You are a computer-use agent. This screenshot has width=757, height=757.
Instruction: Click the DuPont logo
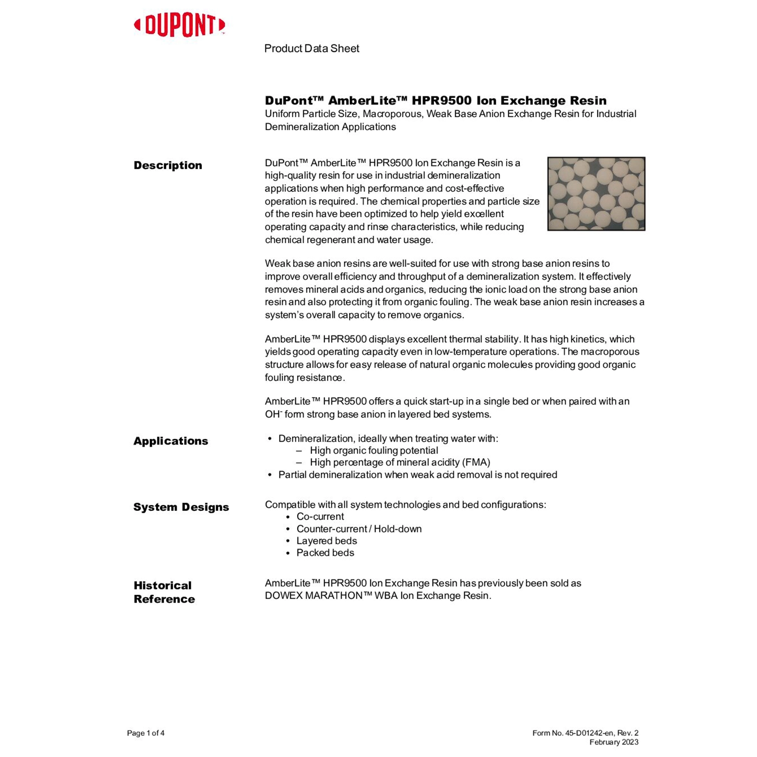179,25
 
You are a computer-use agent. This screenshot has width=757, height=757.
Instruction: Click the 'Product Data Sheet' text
311,48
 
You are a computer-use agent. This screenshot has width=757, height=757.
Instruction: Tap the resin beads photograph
596,194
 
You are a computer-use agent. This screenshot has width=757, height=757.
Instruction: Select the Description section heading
168,166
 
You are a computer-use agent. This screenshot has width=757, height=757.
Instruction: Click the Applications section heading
171,441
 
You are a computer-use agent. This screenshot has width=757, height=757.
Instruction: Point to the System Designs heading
181,507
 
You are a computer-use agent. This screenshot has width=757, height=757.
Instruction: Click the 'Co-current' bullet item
320,517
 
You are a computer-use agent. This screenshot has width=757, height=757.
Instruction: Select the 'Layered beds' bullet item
327,541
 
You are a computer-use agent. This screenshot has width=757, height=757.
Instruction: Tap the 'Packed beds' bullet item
325,553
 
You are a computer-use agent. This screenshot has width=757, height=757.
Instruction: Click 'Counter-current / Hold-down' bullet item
359,529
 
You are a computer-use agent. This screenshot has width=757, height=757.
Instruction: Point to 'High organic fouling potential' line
374,451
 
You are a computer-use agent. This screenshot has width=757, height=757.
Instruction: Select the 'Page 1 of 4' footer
145,733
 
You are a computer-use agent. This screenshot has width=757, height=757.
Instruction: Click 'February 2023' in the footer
614,742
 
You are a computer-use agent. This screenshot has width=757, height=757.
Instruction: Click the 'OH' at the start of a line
272,415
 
